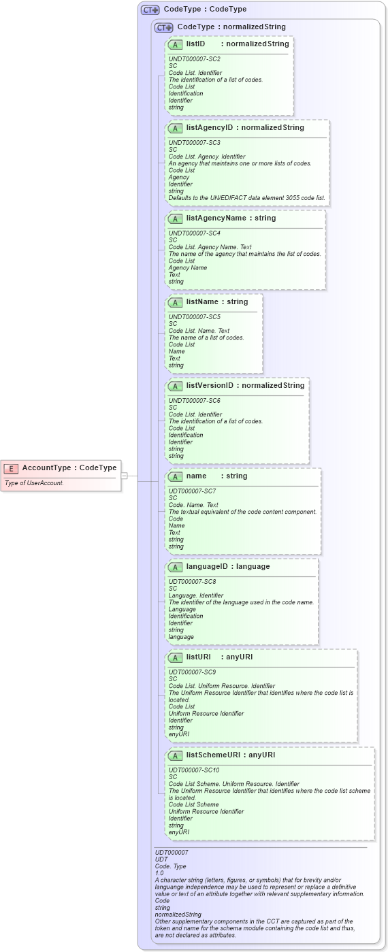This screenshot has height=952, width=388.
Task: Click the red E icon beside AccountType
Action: click(11, 468)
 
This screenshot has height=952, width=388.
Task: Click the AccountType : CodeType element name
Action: click(69, 468)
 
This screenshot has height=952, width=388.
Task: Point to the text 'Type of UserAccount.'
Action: click(34, 483)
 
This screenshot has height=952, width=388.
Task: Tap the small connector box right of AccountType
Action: click(124, 476)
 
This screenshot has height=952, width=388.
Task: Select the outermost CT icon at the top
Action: click(150, 10)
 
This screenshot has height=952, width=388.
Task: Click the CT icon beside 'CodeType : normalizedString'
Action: click(163, 27)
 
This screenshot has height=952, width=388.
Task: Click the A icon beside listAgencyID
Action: click(175, 128)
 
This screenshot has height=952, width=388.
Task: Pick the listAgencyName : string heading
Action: click(231, 218)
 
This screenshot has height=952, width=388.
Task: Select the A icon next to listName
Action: click(175, 302)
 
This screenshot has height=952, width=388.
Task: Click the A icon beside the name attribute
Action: click(175, 476)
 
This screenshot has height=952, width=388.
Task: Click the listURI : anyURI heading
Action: click(219, 657)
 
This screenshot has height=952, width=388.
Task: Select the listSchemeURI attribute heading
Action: click(230, 755)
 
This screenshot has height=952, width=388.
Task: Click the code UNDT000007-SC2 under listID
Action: click(194, 59)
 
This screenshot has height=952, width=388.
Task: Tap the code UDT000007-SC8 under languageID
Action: click(192, 582)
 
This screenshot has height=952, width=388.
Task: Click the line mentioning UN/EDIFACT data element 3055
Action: click(246, 198)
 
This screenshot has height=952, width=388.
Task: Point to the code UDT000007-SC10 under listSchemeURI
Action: click(194, 770)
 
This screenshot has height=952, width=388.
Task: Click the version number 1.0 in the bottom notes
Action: click(159, 873)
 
